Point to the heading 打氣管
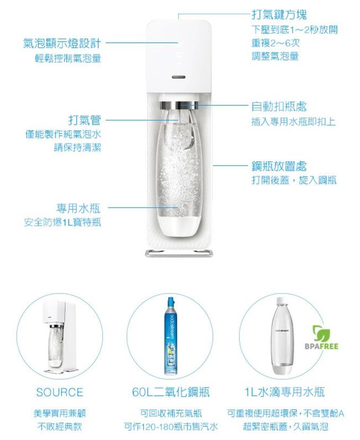tap(85, 120)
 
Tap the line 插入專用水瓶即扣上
tap(293, 122)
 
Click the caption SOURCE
tap(60, 392)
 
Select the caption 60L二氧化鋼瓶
tap(170, 392)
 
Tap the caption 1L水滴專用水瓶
tap(284, 392)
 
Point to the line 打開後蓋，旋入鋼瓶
tap(293, 181)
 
